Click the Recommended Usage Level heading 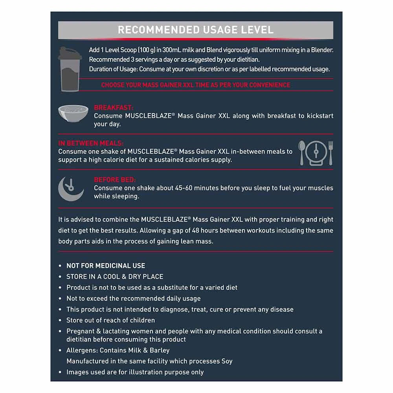pos(196,30)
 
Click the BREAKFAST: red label pos(114,108)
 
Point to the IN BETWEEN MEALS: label pos(91,143)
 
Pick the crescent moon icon pos(71,187)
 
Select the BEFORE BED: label pos(115,180)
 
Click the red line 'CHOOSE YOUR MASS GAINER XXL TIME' pos(196,85)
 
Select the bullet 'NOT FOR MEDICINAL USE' pos(106,266)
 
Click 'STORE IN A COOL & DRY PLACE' pos(115,277)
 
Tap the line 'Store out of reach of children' pos(110,320)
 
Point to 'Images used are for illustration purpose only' pos(135,372)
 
